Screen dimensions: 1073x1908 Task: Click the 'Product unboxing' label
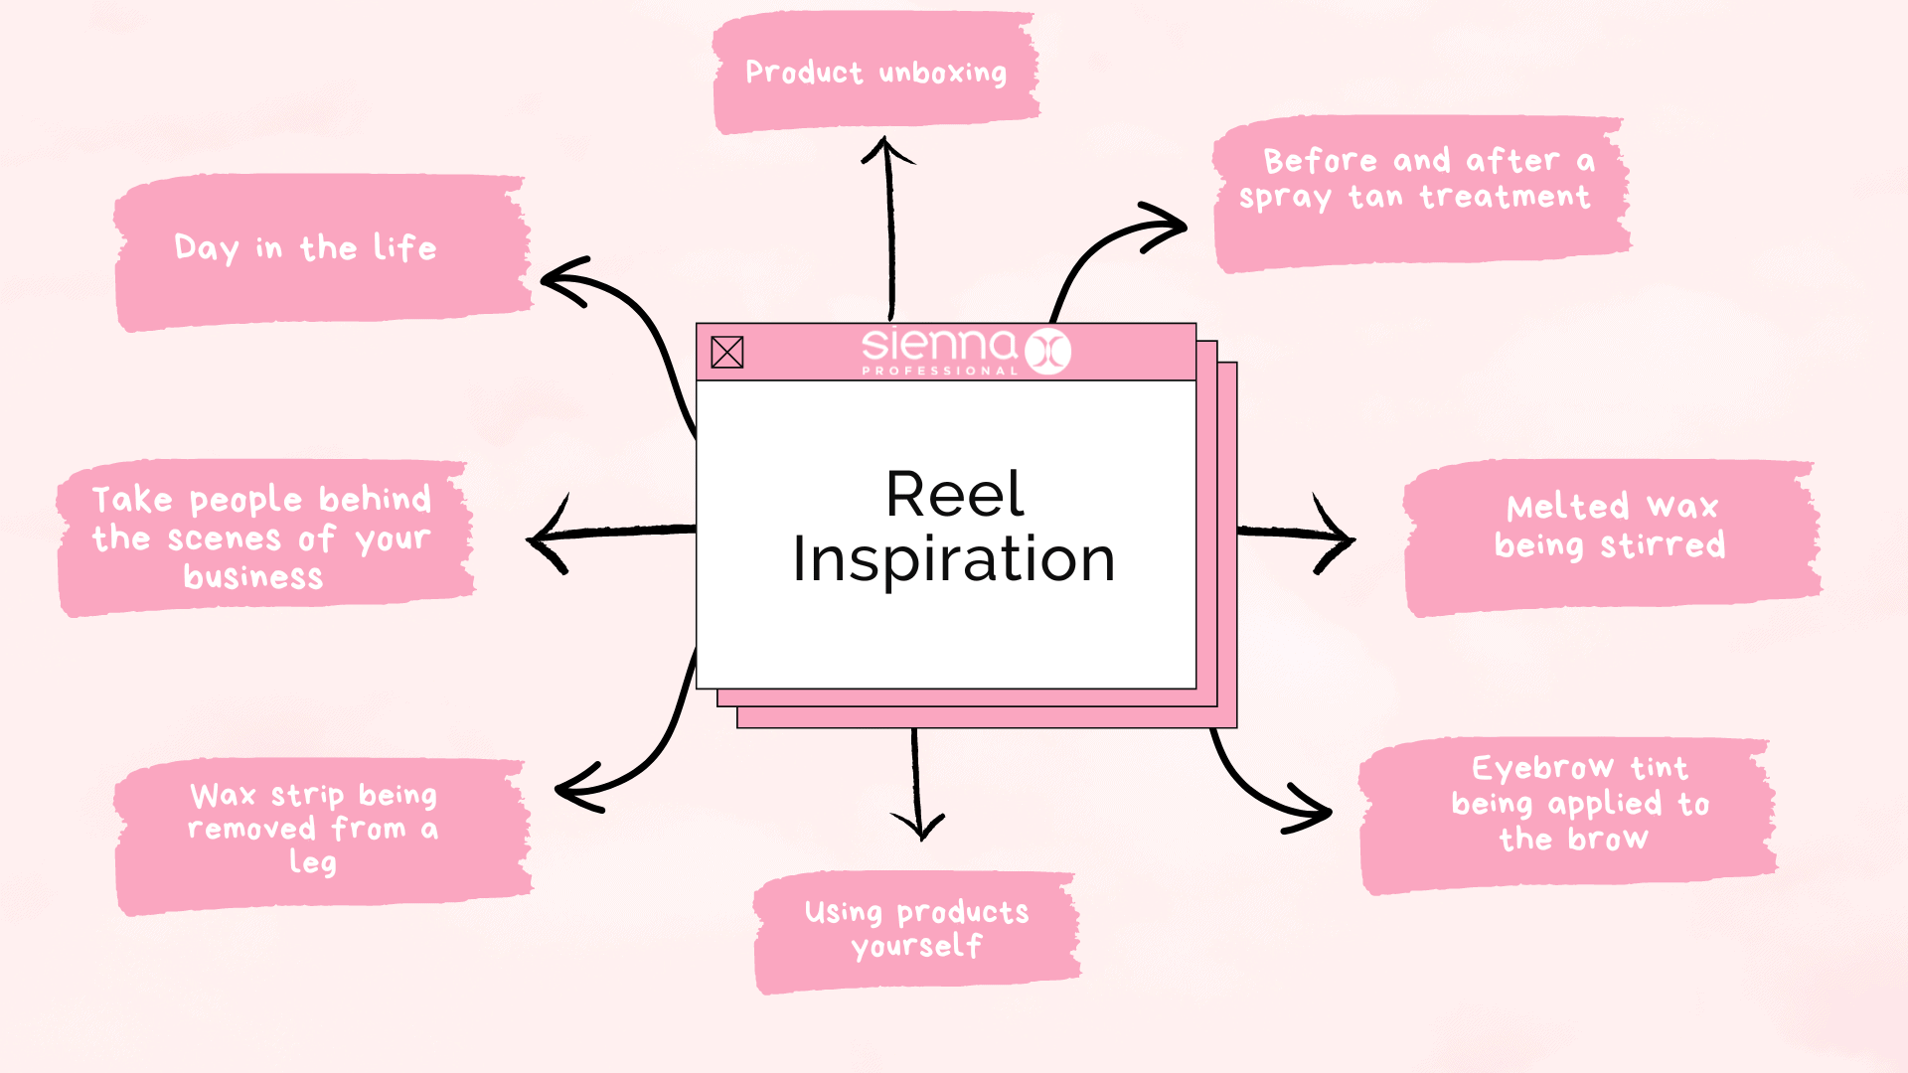(x=875, y=73)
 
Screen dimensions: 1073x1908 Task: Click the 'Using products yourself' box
(x=916, y=930)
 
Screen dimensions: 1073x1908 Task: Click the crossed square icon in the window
(x=727, y=352)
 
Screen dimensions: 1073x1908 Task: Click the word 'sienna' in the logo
(x=938, y=345)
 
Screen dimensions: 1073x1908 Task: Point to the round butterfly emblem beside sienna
(x=1047, y=351)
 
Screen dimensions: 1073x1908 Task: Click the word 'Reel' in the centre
(x=954, y=494)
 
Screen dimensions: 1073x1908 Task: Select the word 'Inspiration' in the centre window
(x=954, y=559)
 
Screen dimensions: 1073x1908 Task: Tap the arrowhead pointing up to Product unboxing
(x=886, y=149)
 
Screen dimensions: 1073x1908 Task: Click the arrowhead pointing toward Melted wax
(x=1342, y=537)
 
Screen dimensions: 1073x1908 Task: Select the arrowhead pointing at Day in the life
(x=556, y=280)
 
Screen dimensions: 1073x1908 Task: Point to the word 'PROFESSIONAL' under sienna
(x=939, y=371)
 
